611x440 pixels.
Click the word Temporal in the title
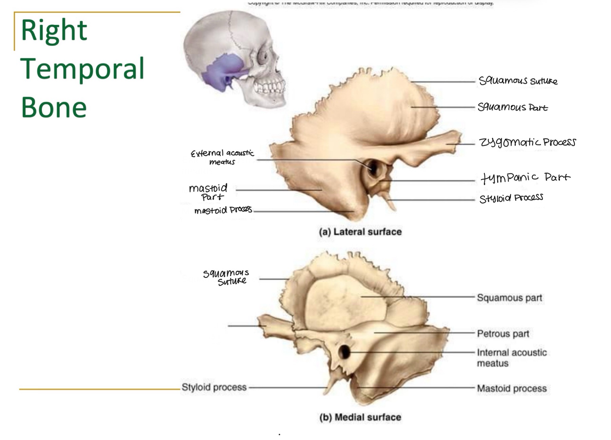click(82, 69)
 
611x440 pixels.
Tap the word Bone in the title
click(54, 107)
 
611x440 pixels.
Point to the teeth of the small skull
click(270, 87)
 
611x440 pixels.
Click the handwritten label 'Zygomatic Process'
click(527, 142)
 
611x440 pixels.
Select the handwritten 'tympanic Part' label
click(525, 178)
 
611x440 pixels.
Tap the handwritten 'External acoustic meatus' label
click(222, 157)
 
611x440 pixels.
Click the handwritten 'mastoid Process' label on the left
click(223, 211)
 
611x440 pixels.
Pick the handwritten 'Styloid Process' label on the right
click(511, 198)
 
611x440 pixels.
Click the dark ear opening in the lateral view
click(373, 167)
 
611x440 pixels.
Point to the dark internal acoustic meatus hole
click(344, 352)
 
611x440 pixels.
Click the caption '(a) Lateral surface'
click(360, 232)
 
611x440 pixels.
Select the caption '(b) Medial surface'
click(360, 417)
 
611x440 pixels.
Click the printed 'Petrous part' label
click(503, 334)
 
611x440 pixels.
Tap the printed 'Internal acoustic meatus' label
click(511, 358)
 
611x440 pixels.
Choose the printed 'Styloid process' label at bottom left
click(214, 387)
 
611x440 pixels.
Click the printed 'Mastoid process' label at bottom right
click(512, 388)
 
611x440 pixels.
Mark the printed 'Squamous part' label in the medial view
click(509, 298)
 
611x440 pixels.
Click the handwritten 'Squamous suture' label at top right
click(518, 81)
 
